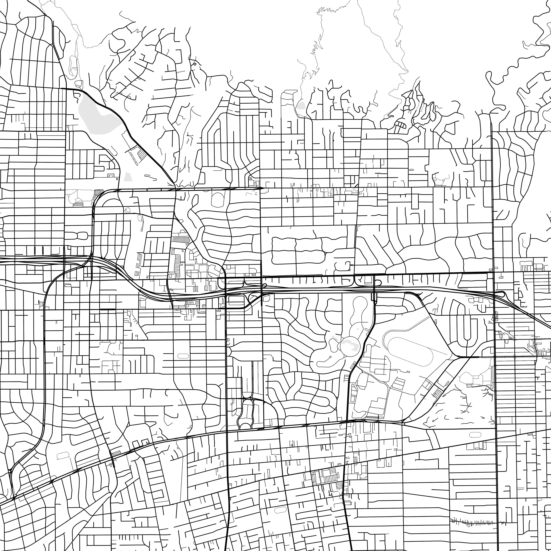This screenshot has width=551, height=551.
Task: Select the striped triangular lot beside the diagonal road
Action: click(142, 155)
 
